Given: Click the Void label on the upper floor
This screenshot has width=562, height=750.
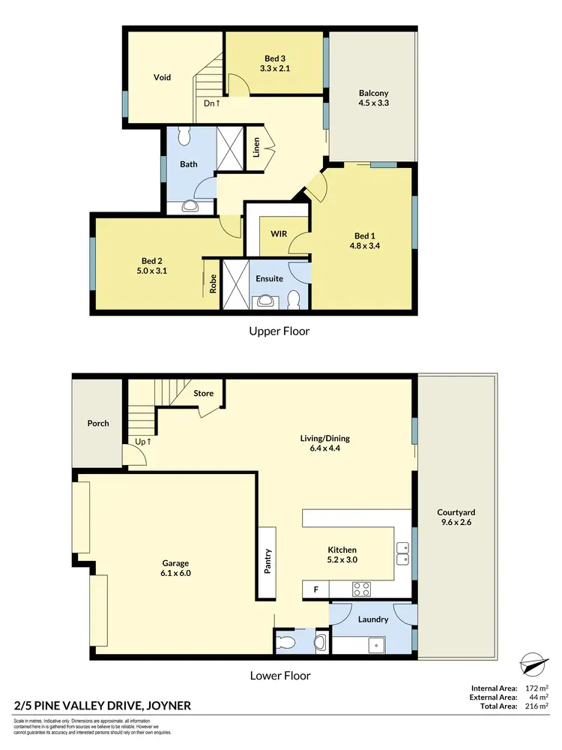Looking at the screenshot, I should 163,77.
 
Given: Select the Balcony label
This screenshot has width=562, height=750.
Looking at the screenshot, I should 373,94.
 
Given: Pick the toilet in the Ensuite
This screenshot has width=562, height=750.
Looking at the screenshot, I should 294,299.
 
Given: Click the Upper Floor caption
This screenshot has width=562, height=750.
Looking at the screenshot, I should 280,331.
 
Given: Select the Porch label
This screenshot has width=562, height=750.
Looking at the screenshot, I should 98,423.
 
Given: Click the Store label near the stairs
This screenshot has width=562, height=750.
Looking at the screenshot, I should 204,394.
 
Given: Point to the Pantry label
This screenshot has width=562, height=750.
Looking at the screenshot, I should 268,562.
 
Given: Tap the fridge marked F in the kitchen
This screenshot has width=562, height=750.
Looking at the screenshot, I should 315,590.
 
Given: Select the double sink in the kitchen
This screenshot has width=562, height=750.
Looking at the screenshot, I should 402,553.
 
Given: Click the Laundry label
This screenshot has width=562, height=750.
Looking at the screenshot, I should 373,619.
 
